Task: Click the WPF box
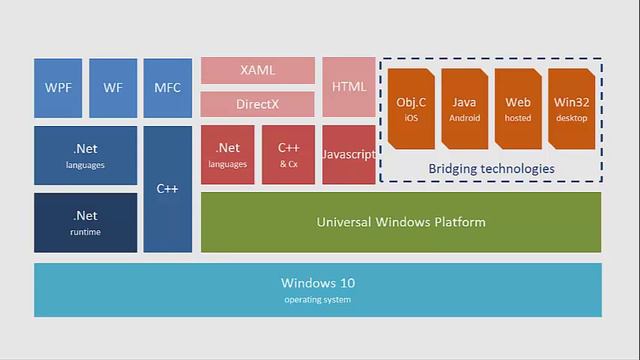point(58,88)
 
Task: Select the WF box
point(113,88)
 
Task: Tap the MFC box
point(167,88)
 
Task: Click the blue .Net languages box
point(85,155)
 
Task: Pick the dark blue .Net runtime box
point(85,222)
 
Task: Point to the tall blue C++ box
point(167,188)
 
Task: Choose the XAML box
point(258,71)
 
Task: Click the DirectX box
point(258,104)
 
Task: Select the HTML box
point(349,87)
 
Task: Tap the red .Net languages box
point(228,155)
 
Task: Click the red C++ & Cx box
point(289,155)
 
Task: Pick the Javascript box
point(349,155)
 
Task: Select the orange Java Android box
point(465,109)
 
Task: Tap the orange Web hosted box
point(518,109)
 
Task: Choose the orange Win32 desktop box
point(572,109)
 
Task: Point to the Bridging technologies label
point(491,169)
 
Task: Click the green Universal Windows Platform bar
point(401,222)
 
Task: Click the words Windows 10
point(317,283)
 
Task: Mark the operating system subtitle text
point(317,300)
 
